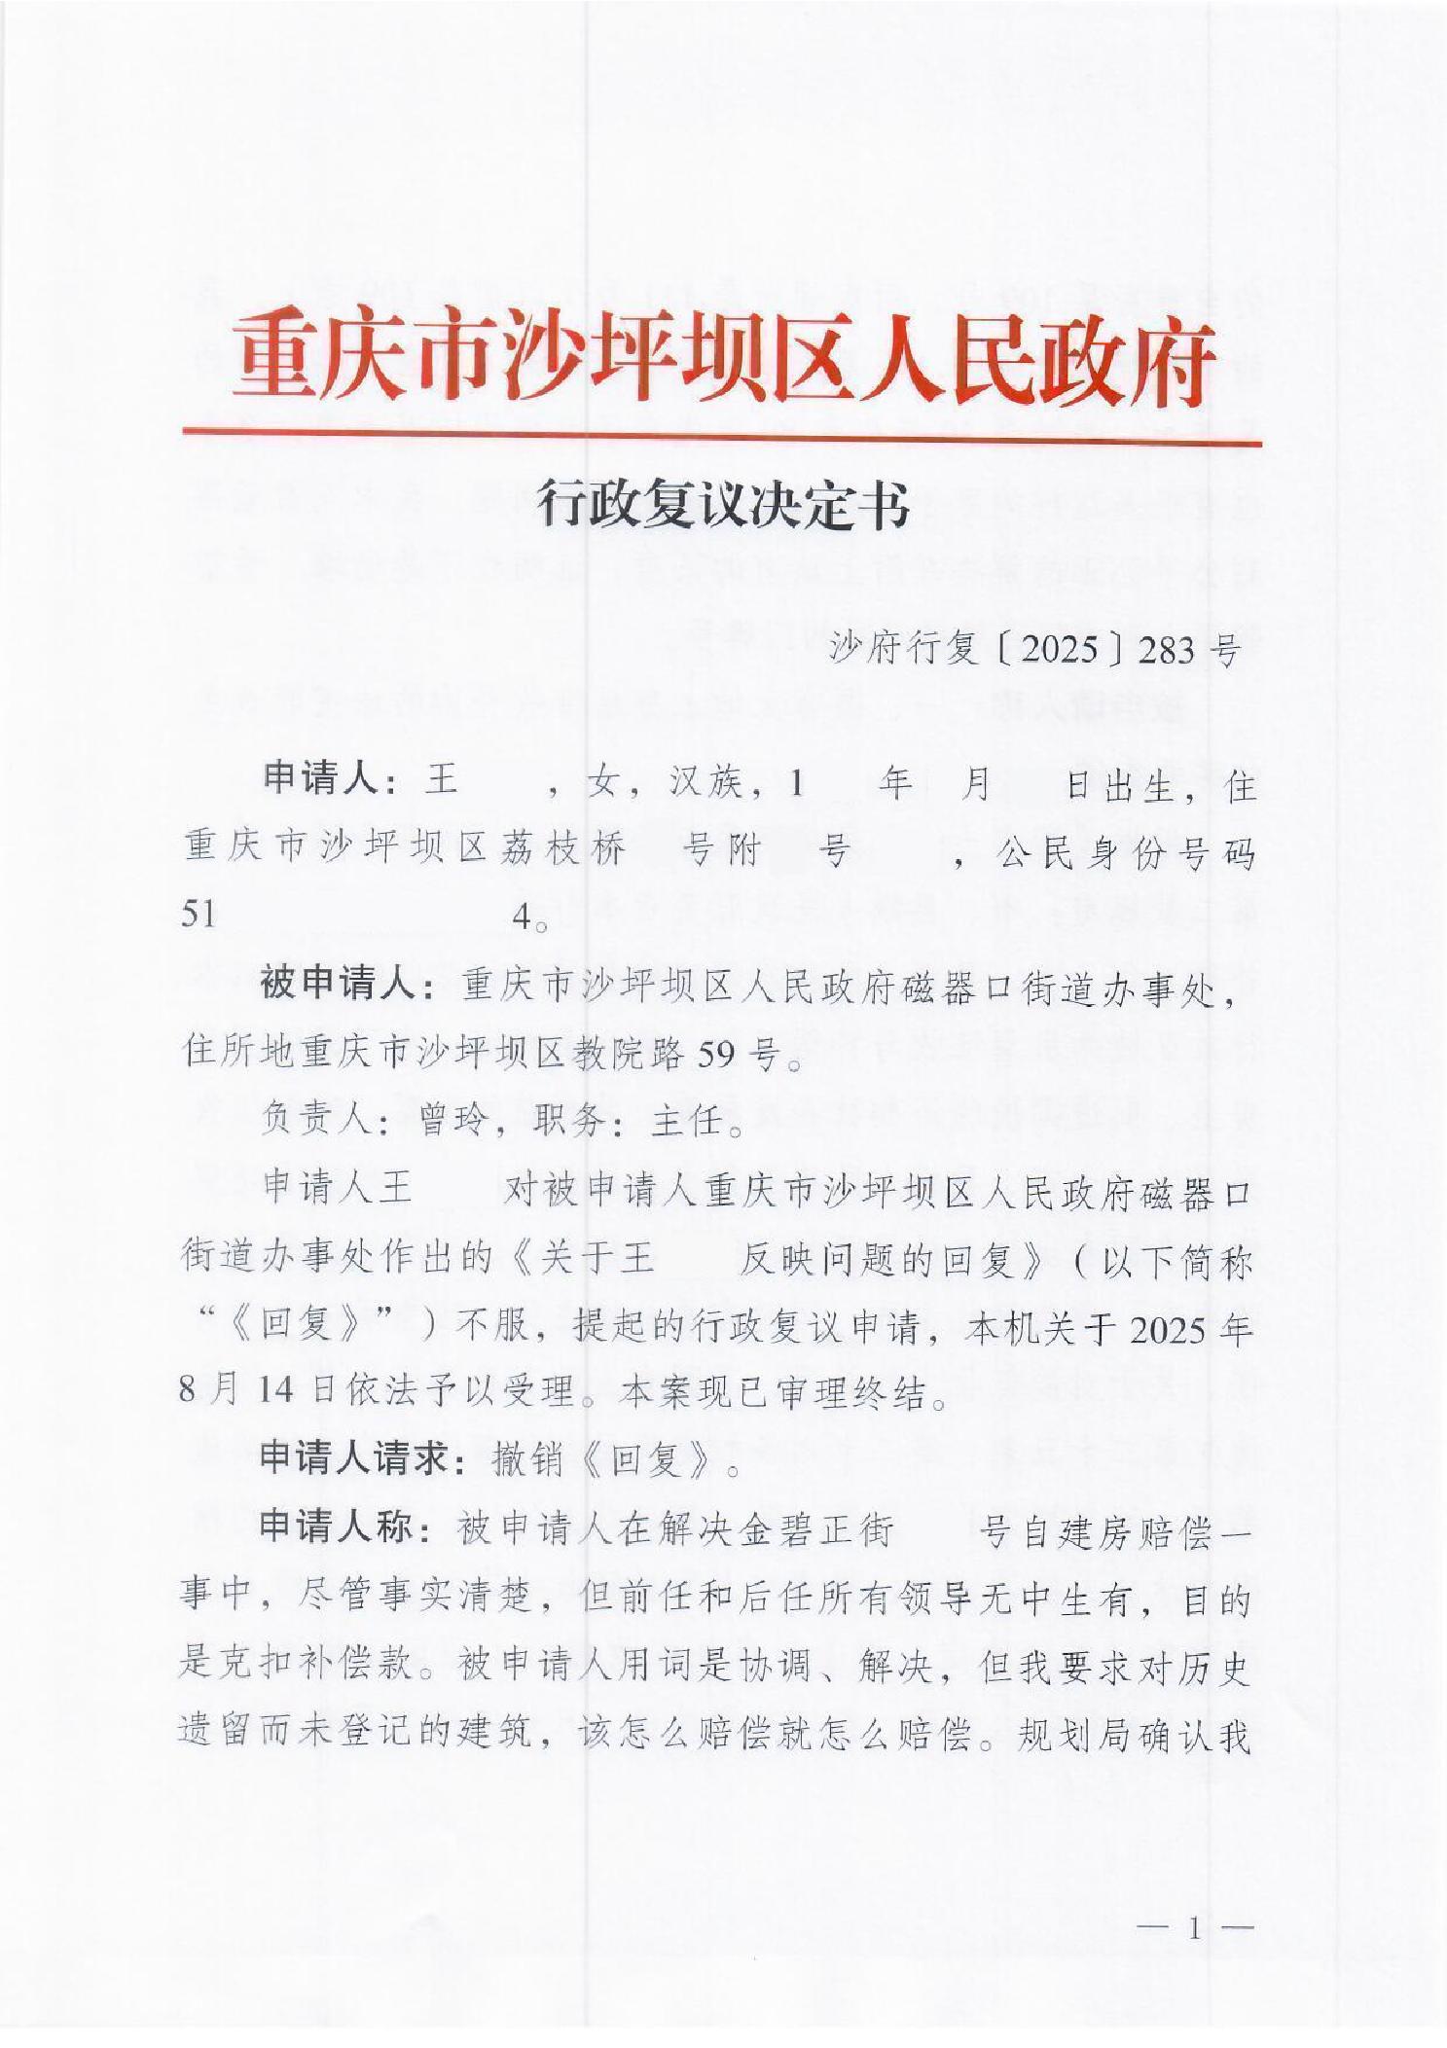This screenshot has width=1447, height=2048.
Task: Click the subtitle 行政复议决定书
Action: pos(722,509)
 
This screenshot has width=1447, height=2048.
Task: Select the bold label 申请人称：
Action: pos(350,1529)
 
